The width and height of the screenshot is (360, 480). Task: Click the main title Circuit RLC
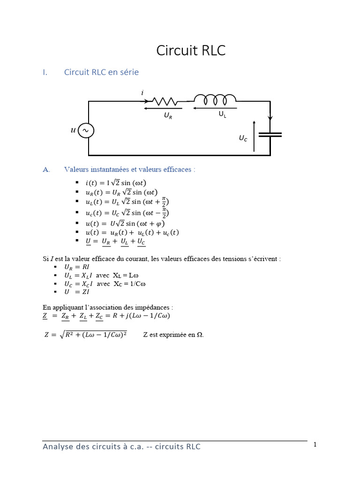tap(191, 51)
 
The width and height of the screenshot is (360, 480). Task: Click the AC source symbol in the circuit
tap(86, 130)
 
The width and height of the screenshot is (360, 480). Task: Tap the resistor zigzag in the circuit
tap(164, 101)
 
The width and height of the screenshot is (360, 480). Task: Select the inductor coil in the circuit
tap(215, 99)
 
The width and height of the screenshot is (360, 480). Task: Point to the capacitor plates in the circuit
tap(270, 135)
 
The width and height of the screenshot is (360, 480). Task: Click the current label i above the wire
tap(142, 93)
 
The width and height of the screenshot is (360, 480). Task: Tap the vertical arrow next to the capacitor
tap(254, 135)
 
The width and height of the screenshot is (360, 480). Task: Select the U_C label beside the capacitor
tap(243, 138)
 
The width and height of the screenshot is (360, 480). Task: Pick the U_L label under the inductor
tap(222, 114)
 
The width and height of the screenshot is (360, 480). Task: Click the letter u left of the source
tap(73, 130)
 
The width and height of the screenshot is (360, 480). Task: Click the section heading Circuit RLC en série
tap(101, 72)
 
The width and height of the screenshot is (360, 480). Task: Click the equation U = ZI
tap(78, 292)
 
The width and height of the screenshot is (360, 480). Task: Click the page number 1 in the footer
tap(315, 444)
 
